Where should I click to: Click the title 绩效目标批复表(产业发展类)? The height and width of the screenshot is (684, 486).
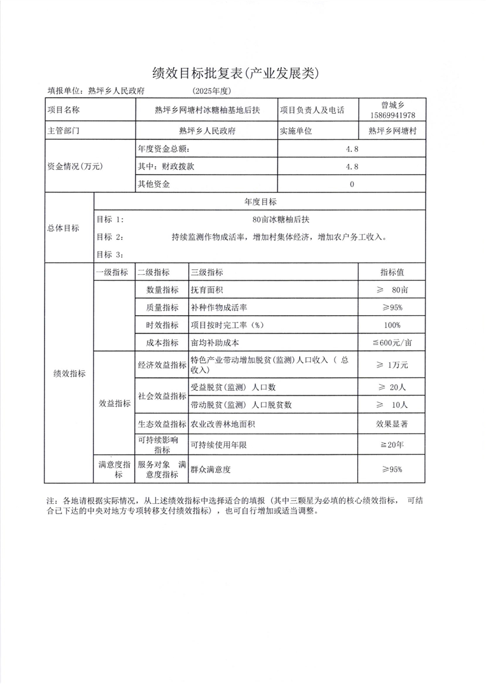click(235, 74)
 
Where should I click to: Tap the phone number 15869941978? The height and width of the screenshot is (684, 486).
click(393, 115)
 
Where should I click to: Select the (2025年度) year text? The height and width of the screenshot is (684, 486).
click(211, 91)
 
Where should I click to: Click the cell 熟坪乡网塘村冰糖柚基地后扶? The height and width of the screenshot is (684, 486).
click(208, 111)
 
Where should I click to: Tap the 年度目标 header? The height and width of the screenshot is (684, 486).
click(260, 202)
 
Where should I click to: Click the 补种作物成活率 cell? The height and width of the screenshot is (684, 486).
click(219, 307)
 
